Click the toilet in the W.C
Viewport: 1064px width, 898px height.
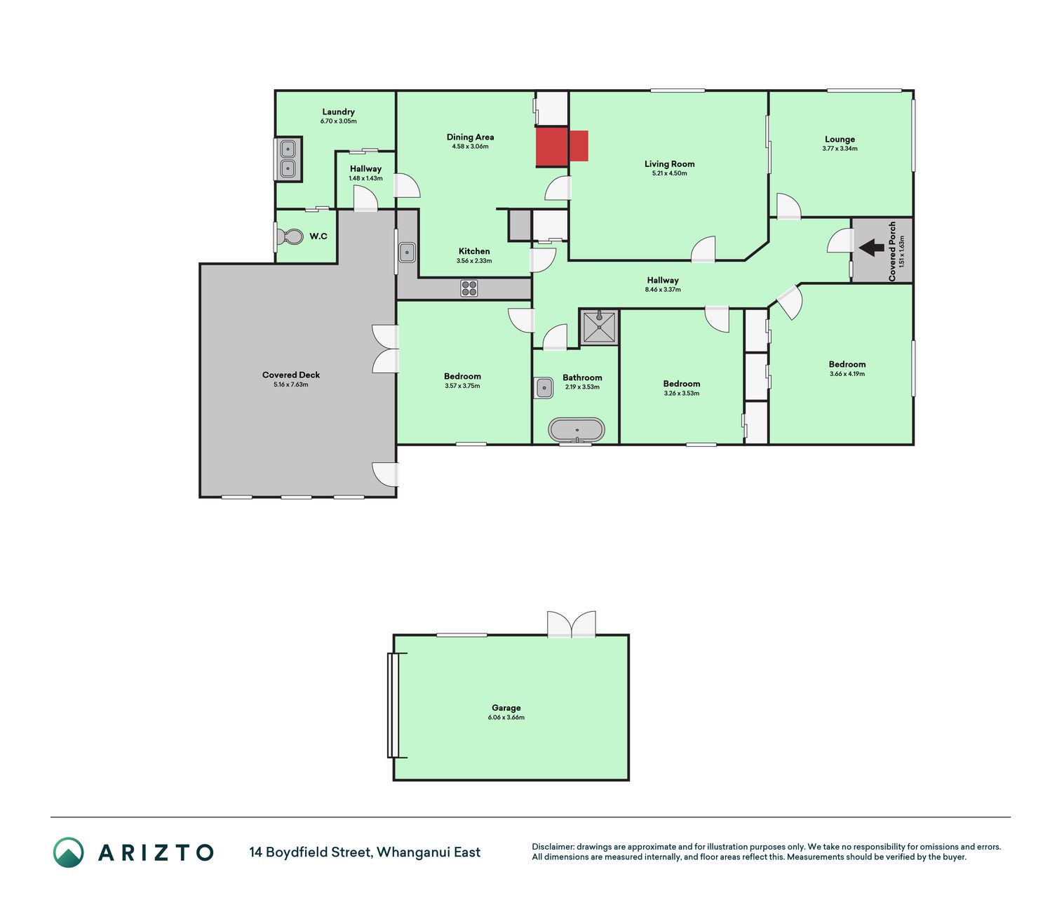click(290, 236)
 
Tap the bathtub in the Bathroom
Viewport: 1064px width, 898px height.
click(577, 429)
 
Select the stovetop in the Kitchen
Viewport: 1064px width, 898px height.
click(469, 288)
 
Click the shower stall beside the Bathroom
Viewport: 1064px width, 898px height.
click(599, 327)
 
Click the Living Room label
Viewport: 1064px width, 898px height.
click(669, 163)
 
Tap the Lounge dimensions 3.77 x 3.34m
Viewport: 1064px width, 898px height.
click(840, 149)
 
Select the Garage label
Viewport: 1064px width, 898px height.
click(506, 707)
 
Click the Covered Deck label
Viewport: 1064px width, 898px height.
click(291, 375)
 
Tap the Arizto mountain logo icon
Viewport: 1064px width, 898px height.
click(68, 852)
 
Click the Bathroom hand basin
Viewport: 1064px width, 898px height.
click(544, 389)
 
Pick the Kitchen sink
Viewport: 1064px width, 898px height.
click(407, 253)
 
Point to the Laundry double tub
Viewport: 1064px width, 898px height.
click(288, 159)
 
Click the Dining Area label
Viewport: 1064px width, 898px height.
click(470, 137)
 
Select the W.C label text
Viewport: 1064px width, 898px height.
click(318, 236)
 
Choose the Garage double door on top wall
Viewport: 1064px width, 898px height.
click(571, 624)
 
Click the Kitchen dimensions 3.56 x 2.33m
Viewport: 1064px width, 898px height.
click(474, 261)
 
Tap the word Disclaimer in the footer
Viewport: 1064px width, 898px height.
click(553, 847)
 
